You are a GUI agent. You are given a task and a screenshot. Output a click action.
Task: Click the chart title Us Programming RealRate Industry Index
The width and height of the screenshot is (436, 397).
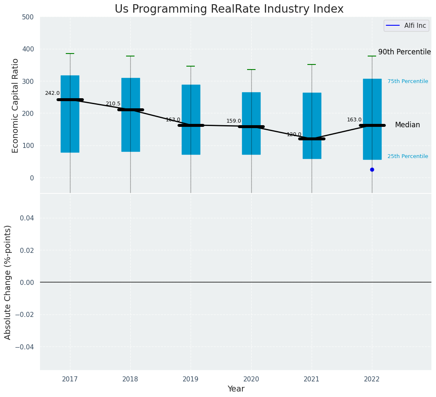click(x=229, y=9)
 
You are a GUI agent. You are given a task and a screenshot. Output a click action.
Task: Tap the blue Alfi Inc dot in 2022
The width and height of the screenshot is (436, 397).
click(x=372, y=169)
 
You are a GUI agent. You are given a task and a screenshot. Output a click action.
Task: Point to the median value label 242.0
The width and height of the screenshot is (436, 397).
click(x=52, y=93)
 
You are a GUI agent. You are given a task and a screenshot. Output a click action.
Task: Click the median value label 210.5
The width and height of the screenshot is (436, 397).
click(x=113, y=104)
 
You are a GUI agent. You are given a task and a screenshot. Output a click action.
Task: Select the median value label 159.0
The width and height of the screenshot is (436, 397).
click(x=234, y=121)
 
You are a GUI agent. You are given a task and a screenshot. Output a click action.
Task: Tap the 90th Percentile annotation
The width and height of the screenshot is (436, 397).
click(x=404, y=52)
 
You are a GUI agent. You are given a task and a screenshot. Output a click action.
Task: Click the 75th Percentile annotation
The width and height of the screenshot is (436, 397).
click(x=407, y=81)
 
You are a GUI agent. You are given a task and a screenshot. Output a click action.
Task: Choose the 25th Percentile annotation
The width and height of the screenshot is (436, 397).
click(x=407, y=156)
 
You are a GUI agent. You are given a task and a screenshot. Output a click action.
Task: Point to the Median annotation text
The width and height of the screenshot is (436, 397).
click(x=407, y=125)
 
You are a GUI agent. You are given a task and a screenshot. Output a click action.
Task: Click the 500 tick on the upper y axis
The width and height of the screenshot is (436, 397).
click(x=28, y=17)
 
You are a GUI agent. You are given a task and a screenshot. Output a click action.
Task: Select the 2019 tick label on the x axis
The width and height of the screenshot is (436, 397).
click(x=191, y=379)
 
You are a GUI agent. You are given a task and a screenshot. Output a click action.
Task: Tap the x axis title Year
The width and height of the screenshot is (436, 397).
click(x=236, y=389)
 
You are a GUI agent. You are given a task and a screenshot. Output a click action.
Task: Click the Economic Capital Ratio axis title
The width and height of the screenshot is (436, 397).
click(x=16, y=105)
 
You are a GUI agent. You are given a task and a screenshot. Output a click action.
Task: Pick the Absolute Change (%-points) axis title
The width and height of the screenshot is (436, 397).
click(x=8, y=282)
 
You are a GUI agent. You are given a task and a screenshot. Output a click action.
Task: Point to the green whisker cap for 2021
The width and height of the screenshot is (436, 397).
click(x=312, y=64)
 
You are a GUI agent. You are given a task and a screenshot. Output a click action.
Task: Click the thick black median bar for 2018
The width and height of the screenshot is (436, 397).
click(x=130, y=110)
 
